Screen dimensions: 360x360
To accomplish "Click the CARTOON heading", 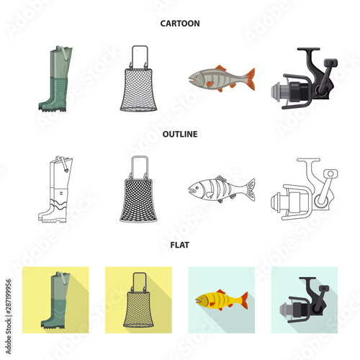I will [x=179, y=23].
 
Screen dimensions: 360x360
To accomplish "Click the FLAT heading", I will [x=179, y=246].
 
